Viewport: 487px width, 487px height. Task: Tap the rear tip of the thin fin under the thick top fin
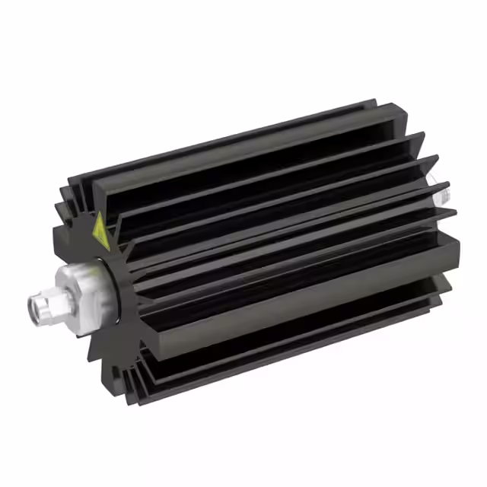(423, 137)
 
